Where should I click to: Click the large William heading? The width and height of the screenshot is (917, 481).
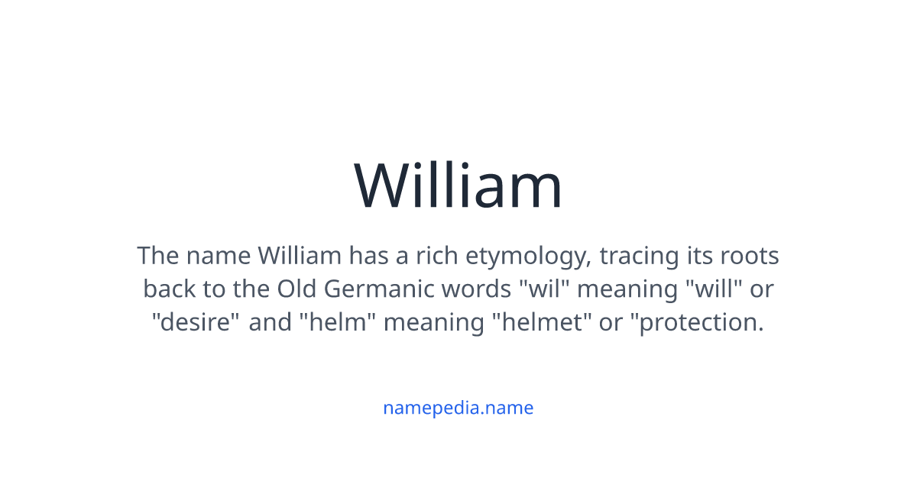(x=458, y=186)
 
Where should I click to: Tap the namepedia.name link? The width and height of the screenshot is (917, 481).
(x=458, y=408)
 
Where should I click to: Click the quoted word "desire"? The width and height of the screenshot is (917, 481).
(x=195, y=322)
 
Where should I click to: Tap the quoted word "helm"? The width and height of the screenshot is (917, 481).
(x=335, y=322)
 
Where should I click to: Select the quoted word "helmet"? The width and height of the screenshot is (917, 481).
(x=546, y=322)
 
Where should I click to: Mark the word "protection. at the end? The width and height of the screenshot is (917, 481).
(x=697, y=322)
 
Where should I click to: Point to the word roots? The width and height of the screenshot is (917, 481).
(x=750, y=255)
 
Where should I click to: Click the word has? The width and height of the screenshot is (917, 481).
(x=368, y=255)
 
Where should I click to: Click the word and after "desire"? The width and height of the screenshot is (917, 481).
(x=271, y=322)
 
